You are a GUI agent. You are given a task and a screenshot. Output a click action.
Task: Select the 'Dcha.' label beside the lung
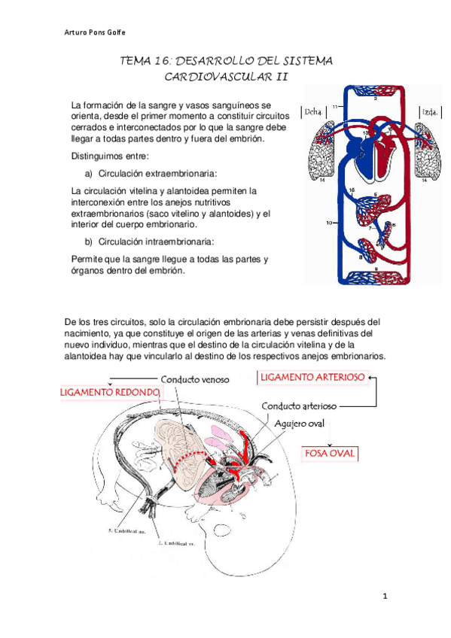click(x=312, y=112)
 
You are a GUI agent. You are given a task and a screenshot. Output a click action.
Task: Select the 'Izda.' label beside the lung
click(x=431, y=112)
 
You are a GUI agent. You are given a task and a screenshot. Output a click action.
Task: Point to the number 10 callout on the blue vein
click(x=328, y=223)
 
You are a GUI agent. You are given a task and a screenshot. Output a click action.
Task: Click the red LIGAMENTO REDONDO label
click(x=111, y=393)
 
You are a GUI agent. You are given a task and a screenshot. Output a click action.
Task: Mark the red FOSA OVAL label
click(x=329, y=454)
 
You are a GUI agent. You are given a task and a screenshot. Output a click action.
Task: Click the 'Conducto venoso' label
click(x=194, y=379)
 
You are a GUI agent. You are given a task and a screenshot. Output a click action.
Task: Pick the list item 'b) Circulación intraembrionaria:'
click(x=149, y=241)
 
